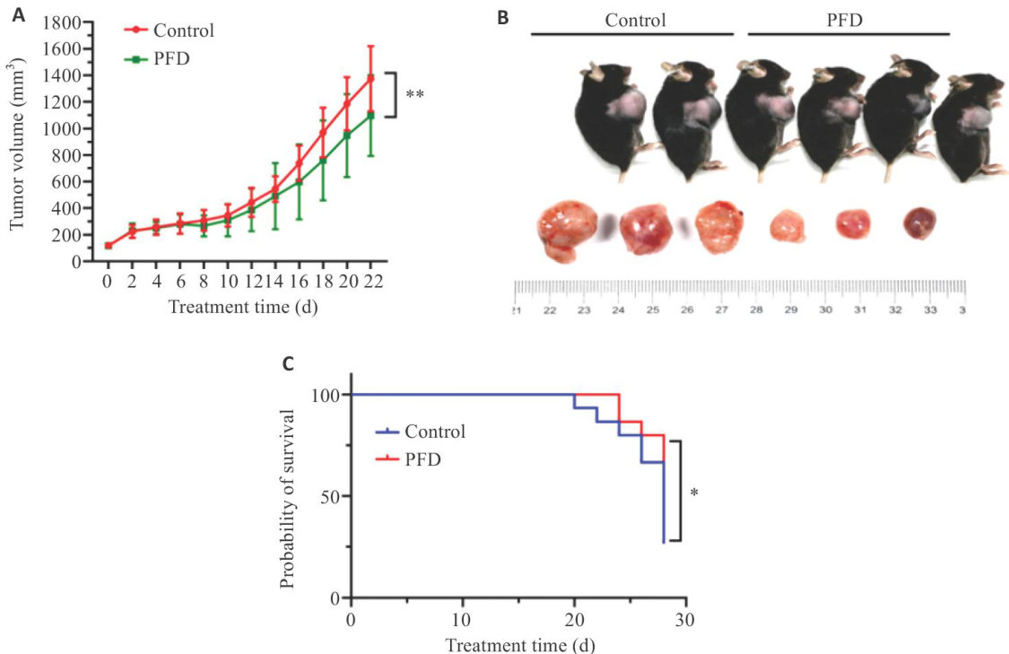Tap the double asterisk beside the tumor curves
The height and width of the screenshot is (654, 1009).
415,93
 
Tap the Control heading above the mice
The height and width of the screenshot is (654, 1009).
635,18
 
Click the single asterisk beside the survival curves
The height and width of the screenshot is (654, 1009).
694,492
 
